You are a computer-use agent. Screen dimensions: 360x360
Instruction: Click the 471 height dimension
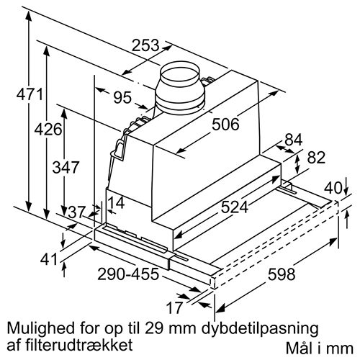[30, 94]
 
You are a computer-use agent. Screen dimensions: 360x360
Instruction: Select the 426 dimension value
[48, 130]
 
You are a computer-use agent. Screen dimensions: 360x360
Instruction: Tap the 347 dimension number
[66, 167]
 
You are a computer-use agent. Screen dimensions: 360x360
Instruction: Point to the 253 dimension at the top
[145, 45]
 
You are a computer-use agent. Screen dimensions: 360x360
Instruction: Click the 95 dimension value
[122, 97]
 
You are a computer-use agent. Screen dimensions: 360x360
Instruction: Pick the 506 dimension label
[225, 125]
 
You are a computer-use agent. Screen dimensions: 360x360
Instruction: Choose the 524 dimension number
[235, 207]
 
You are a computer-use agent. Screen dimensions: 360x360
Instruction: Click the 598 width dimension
[282, 274]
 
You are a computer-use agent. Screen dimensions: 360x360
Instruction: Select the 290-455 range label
[128, 274]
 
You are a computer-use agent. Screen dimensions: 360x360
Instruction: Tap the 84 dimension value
[293, 140]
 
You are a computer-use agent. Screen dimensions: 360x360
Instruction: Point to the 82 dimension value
[316, 158]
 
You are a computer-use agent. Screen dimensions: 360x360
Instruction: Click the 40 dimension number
[333, 188]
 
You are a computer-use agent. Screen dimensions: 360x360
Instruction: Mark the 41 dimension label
[49, 259]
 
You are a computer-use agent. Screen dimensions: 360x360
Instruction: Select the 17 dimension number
[174, 307]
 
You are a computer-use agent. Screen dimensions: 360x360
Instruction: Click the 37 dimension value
[77, 212]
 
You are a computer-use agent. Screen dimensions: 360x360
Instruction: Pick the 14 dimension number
[116, 202]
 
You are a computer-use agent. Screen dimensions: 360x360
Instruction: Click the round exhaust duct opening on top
[180, 72]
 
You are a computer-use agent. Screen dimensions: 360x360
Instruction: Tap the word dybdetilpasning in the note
[260, 329]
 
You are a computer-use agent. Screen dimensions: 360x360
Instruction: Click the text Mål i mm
[320, 348]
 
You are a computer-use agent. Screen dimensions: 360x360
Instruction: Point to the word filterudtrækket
[82, 345]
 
